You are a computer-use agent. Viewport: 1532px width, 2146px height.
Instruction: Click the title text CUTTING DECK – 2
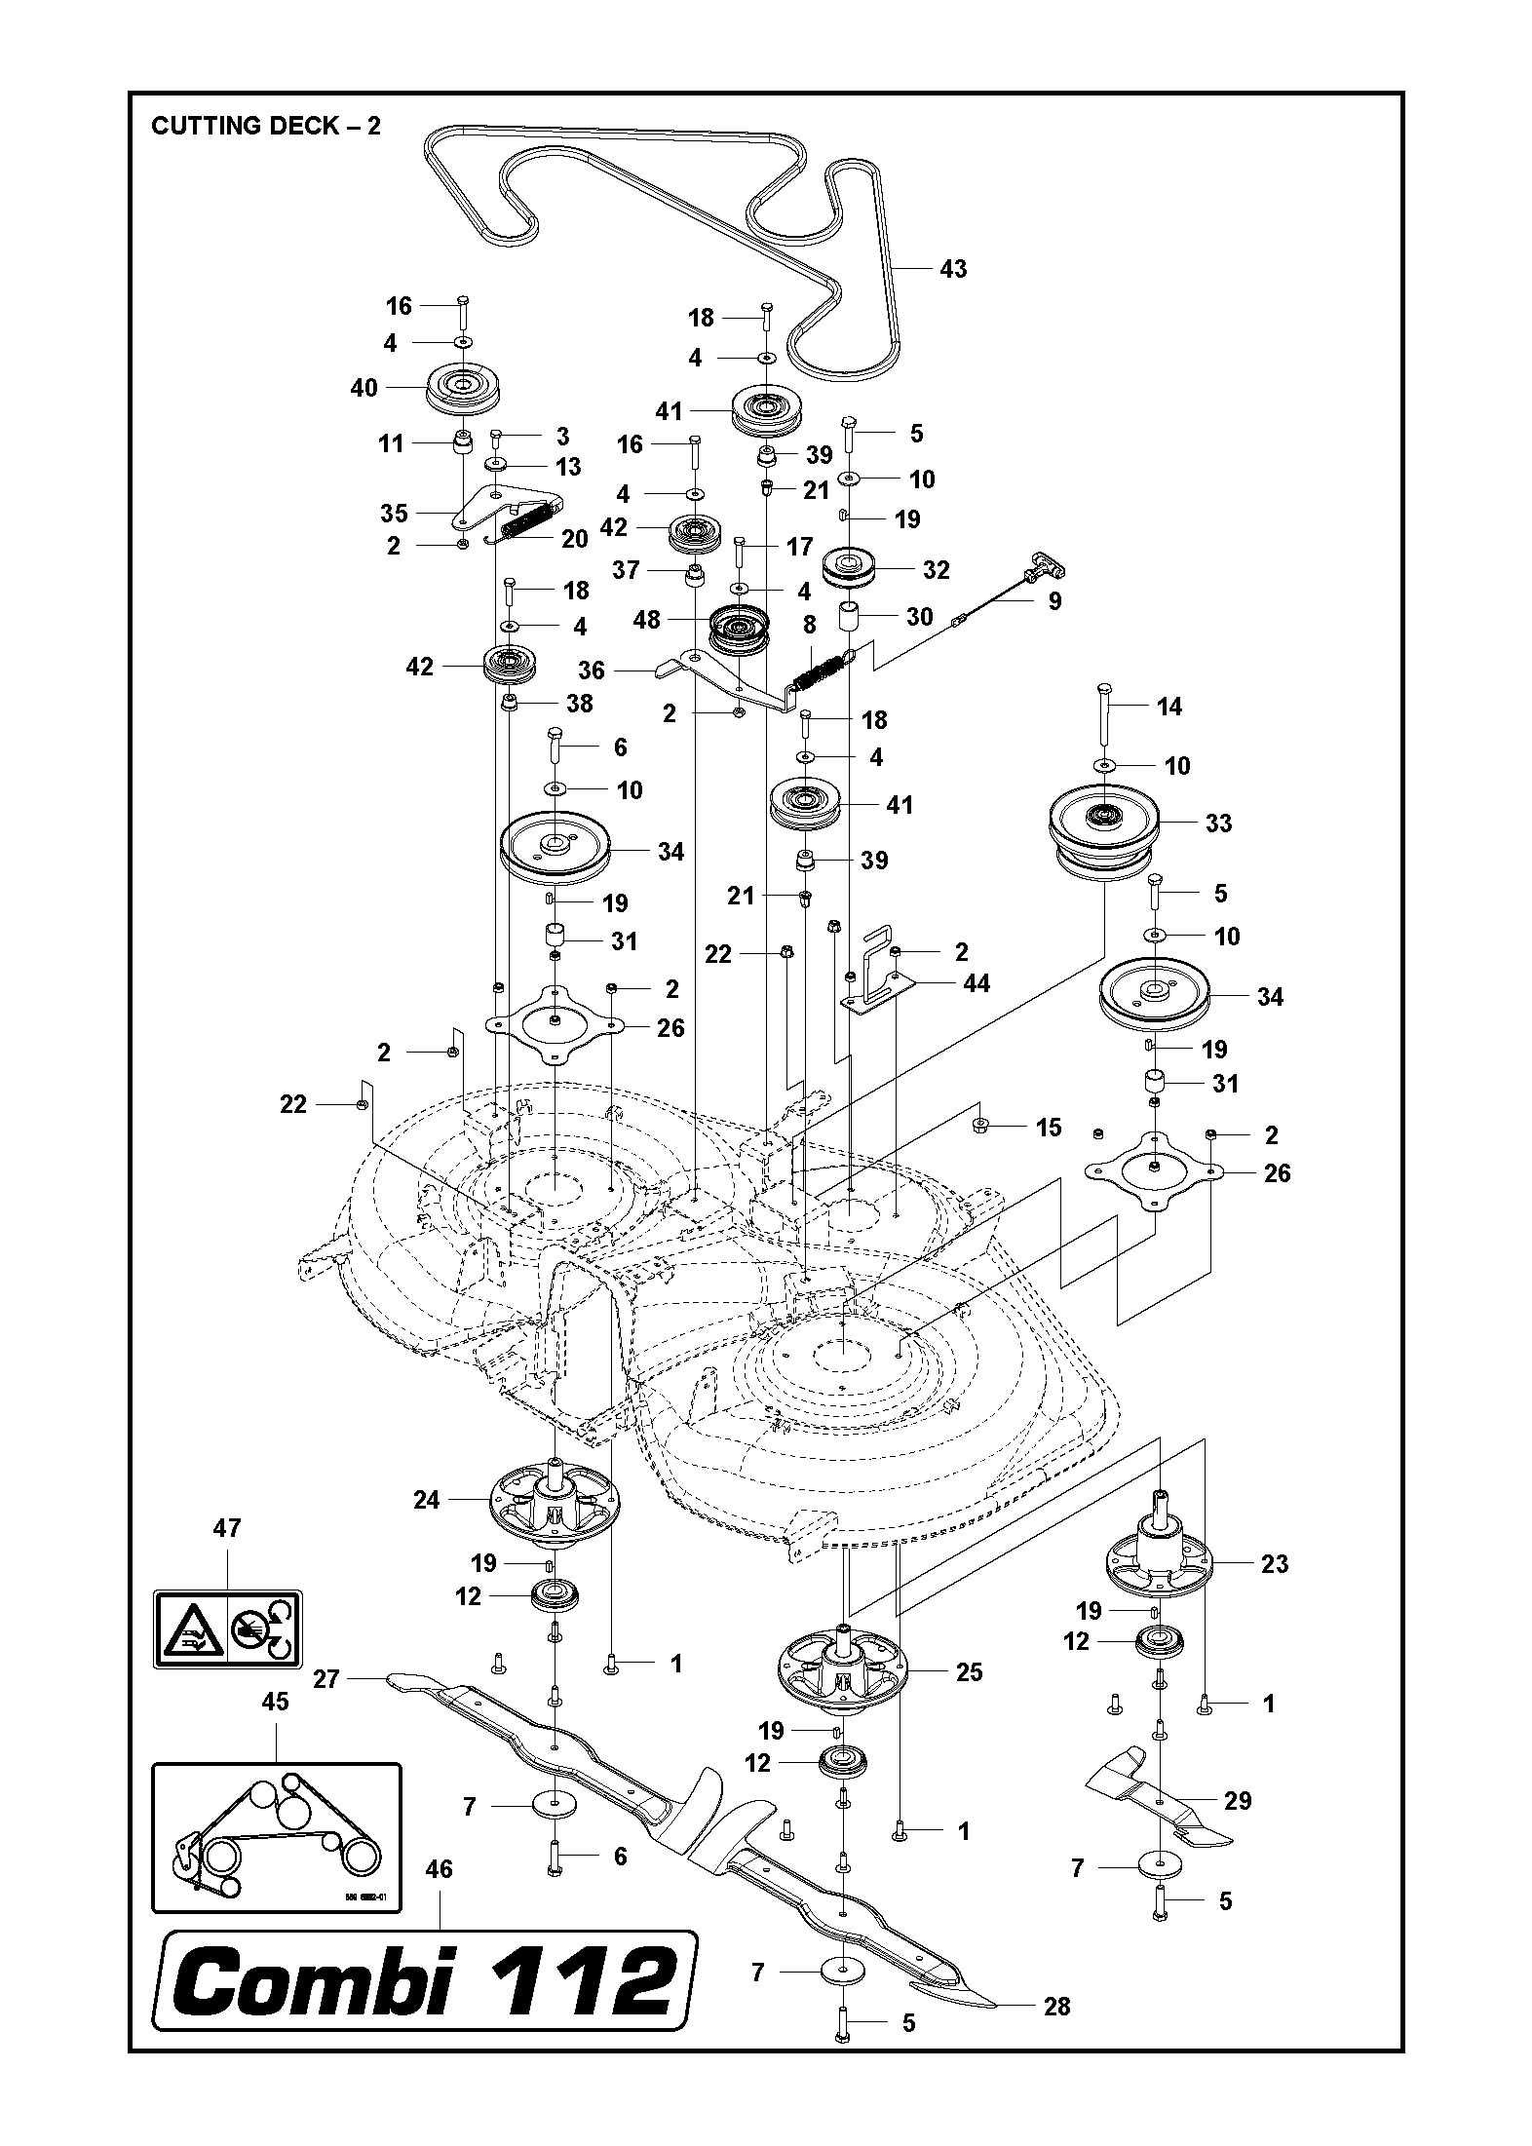tap(266, 126)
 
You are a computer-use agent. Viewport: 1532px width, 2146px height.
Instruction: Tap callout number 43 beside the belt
tap(952, 268)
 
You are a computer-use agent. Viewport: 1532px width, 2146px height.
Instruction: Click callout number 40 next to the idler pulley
tap(364, 388)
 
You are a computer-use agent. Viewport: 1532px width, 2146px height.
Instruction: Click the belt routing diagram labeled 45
tap(277, 1837)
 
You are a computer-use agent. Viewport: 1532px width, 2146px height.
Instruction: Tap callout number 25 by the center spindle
tap(969, 1672)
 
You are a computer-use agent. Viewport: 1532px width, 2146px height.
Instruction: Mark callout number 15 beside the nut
tap(1048, 1128)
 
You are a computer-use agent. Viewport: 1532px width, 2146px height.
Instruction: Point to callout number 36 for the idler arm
tap(592, 671)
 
